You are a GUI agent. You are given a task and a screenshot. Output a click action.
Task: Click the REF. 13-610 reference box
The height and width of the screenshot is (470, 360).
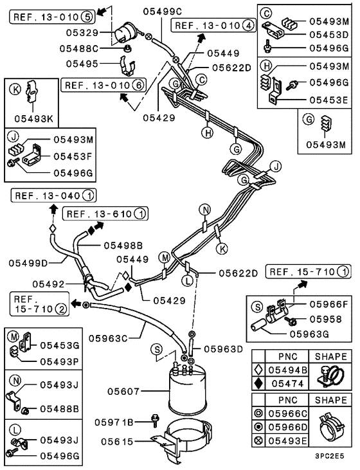(105, 213)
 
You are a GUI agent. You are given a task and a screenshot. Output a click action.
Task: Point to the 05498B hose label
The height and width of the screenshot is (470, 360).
(122, 246)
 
